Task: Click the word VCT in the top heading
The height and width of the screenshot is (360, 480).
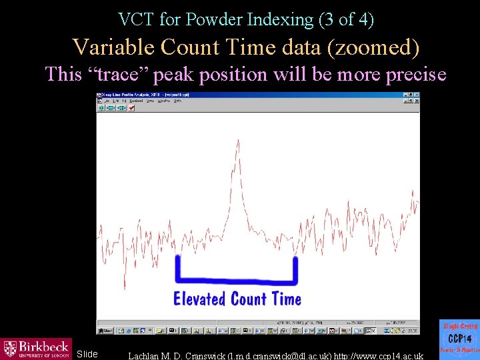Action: pos(136,20)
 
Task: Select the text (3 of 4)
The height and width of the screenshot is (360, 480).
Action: pos(347,20)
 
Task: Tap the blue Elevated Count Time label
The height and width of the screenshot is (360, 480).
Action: pos(237,299)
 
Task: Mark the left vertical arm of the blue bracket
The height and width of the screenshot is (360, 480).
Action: pos(177,268)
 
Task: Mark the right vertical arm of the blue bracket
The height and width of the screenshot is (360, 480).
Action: pos(295,268)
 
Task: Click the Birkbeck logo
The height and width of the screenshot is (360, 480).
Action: pos(36,349)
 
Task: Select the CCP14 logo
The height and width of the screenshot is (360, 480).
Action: pos(459,339)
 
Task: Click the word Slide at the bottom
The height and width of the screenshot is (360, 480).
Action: pos(87,353)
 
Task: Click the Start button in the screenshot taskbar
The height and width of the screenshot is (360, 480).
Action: pos(106,330)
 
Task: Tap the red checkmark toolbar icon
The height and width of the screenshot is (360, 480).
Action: pos(131,108)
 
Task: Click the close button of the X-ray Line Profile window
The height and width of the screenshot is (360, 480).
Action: pos(416,95)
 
